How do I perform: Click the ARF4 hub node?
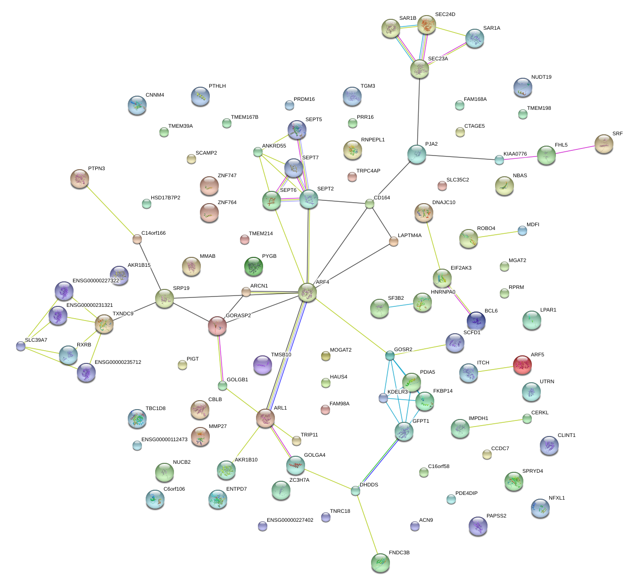(x=307, y=293)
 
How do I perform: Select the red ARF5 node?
(x=522, y=365)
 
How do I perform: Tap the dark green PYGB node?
(x=254, y=267)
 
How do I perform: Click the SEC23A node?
(x=419, y=69)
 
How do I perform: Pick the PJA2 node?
(x=417, y=154)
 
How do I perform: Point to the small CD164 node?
(x=370, y=204)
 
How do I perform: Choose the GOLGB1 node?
(x=223, y=386)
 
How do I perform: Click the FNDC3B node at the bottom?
(x=380, y=562)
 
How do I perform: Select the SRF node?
(x=604, y=144)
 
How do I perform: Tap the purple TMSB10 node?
(x=263, y=365)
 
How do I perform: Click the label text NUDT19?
(x=541, y=77)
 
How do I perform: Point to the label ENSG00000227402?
(x=290, y=520)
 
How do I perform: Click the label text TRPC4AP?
(x=368, y=171)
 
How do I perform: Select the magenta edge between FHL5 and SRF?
(x=575, y=150)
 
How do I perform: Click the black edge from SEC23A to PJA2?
(x=418, y=111)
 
